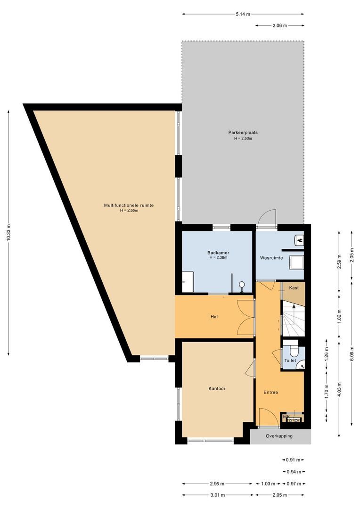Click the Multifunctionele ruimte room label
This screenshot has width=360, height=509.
click(x=129, y=205)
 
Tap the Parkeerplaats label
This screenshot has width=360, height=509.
click(x=243, y=132)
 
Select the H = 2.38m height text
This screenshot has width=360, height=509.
click(x=218, y=258)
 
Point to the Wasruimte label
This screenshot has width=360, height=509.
click(x=271, y=258)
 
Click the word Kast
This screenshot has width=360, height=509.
click(x=294, y=287)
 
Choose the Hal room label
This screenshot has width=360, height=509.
click(x=214, y=317)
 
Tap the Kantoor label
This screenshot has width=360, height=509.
click(x=217, y=389)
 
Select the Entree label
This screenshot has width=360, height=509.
click(x=270, y=392)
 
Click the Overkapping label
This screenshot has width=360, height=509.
click(x=279, y=436)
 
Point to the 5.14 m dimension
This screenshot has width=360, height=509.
click(x=243, y=14)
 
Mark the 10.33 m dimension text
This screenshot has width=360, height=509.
click(x=8, y=232)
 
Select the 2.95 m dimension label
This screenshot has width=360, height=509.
click(x=217, y=484)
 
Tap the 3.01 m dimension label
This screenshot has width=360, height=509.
click(x=217, y=495)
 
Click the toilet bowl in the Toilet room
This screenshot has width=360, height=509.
click(x=293, y=351)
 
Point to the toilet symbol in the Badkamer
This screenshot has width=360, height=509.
click(x=242, y=285)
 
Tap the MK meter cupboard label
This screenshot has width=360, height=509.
click(x=286, y=416)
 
